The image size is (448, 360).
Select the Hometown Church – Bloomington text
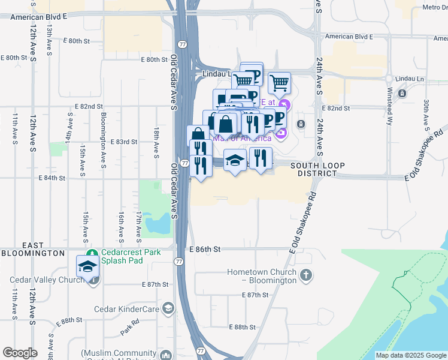[262, 276]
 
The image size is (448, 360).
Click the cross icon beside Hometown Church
[305, 276]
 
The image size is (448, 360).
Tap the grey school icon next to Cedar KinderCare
[169, 309]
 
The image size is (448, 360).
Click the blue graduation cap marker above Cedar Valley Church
[88, 267]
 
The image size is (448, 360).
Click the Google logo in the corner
[20, 353]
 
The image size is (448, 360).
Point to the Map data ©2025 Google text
[411, 355]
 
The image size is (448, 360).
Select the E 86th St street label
[205, 248]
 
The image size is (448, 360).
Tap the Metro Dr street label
[434, 7]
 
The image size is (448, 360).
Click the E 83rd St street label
[125, 142]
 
